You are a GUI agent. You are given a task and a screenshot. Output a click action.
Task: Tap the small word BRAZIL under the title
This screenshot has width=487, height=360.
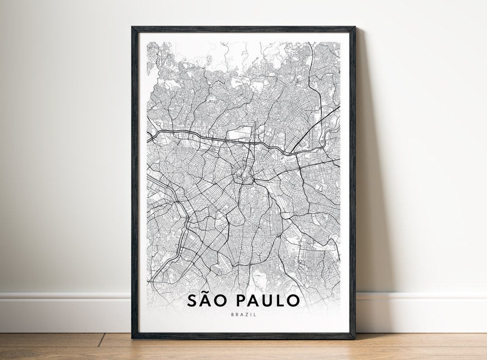coord(243,314)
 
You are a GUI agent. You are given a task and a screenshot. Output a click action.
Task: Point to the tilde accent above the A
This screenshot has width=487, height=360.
coord(209,292)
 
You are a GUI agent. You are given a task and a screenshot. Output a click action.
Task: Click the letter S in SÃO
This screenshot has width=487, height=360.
coord(193,300)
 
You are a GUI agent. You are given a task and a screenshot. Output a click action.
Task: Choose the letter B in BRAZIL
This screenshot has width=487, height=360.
coord(232,314)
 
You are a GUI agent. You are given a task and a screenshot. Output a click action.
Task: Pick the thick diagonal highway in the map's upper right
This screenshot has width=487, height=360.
coord(316,129)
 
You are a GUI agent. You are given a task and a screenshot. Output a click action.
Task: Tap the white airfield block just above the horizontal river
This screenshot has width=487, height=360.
coord(238,134)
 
